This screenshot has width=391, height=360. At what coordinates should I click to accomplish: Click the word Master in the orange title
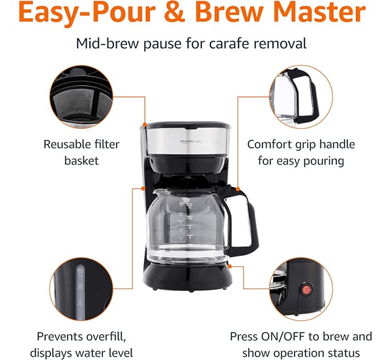(319, 12)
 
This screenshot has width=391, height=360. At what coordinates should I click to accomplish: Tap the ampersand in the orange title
(175, 12)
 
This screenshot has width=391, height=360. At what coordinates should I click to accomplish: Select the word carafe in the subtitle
(229, 44)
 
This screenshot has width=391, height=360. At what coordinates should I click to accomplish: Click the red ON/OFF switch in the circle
(306, 290)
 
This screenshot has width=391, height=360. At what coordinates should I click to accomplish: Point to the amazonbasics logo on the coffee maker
(191, 141)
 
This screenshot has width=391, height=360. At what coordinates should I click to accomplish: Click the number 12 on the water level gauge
(80, 275)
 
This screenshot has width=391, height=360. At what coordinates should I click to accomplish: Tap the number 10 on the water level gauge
(80, 286)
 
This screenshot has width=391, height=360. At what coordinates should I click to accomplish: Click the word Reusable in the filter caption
(67, 145)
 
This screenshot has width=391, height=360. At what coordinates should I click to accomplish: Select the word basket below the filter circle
(81, 161)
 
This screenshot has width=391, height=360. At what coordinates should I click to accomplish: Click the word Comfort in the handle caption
(269, 145)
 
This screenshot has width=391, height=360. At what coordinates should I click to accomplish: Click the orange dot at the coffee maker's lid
(145, 124)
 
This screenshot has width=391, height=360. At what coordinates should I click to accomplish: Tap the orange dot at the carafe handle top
(238, 189)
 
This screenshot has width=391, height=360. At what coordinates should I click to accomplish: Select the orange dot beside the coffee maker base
(229, 266)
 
